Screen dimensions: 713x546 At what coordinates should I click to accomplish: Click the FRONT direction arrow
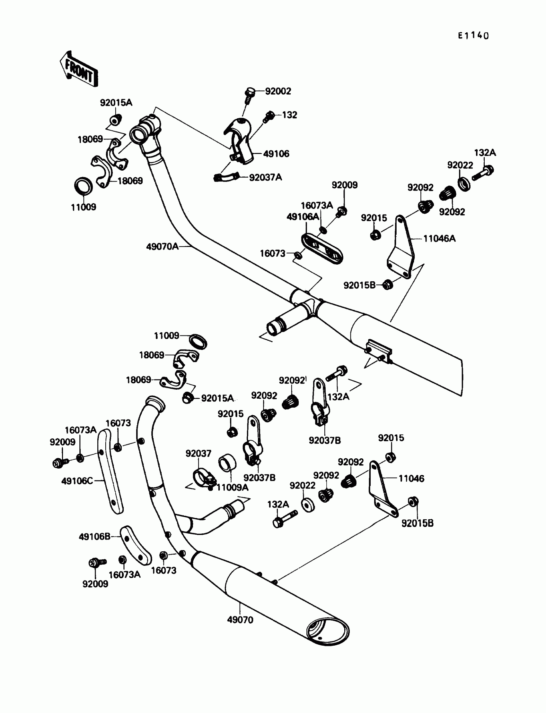tap(79, 70)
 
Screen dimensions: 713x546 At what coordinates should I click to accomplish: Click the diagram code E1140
tap(473, 35)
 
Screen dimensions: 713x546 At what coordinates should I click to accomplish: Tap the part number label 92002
tap(278, 91)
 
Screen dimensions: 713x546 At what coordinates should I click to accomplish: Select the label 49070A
tap(162, 247)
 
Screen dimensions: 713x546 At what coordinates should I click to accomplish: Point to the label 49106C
tap(77, 481)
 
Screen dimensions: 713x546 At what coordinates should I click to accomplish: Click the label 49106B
tap(94, 537)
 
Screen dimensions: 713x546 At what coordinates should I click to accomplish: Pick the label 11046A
tap(439, 239)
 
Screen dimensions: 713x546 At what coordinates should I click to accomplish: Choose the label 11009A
tap(233, 488)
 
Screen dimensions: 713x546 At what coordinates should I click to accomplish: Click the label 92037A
tap(266, 177)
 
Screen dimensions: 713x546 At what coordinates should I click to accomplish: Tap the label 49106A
tap(303, 217)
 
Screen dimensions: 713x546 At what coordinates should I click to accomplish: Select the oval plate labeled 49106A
tap(322, 249)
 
